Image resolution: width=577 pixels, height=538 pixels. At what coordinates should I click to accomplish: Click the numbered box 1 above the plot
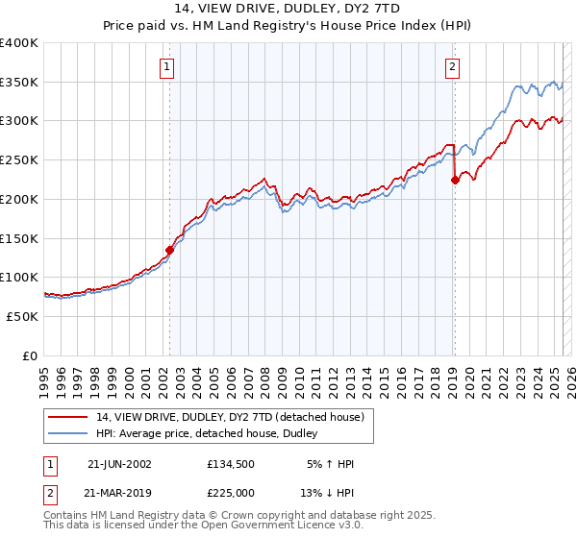tap(167, 67)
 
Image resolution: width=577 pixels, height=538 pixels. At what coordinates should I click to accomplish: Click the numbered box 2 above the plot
tap(452, 67)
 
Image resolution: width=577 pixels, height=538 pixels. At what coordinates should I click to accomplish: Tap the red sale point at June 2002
tap(170, 250)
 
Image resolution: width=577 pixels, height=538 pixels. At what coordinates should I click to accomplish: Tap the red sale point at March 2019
tap(455, 180)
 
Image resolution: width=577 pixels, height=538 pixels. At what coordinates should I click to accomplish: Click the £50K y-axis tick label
tap(22, 316)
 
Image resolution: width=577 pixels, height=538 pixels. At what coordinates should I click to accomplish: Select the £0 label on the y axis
tap(31, 355)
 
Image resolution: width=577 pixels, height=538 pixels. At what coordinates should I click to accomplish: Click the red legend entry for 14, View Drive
tap(230, 418)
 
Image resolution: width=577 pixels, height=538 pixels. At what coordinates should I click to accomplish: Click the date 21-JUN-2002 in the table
tap(119, 464)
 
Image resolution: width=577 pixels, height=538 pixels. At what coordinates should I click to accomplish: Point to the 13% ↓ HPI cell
tap(327, 494)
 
